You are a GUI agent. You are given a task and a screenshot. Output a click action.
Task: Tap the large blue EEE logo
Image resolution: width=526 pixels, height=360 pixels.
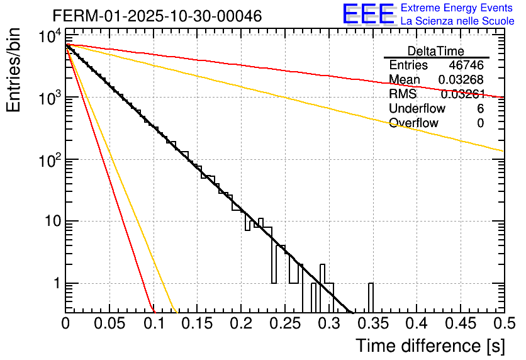(x=369, y=15)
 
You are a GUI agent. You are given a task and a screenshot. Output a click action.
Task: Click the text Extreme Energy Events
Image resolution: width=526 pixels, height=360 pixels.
(x=457, y=8)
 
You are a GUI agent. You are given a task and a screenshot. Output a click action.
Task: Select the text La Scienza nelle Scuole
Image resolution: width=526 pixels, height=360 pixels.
(x=457, y=21)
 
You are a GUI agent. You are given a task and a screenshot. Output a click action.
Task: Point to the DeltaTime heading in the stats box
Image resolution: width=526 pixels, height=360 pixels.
(x=436, y=51)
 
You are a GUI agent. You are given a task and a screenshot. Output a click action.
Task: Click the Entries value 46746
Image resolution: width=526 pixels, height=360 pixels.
(x=466, y=65)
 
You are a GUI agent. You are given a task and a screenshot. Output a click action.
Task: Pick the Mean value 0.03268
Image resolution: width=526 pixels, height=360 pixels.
(x=461, y=80)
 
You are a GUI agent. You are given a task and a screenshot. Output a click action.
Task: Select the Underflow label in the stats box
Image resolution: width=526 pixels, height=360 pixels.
(x=417, y=109)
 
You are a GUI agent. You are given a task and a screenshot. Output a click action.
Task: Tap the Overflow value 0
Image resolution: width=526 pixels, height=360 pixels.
(x=480, y=123)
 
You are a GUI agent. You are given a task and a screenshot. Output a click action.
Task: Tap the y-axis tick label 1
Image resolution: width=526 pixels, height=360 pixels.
(x=56, y=284)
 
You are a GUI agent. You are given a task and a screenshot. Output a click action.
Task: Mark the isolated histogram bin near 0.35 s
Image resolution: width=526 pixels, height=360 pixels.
(x=370, y=297)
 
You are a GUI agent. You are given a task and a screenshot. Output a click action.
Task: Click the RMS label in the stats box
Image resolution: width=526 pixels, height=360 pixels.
(x=403, y=94)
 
